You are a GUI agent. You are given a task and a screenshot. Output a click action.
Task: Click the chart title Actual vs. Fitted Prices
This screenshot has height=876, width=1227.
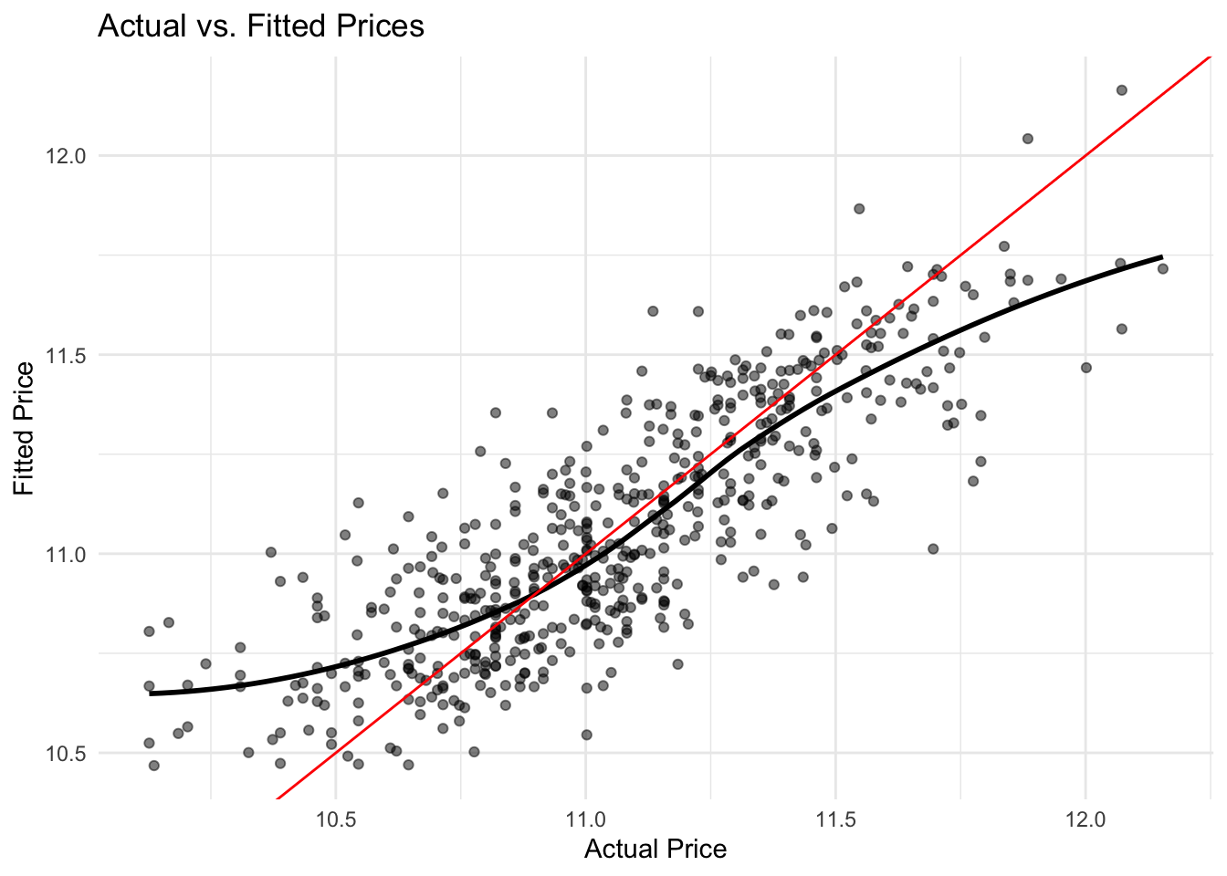pyautogui.click(x=260, y=26)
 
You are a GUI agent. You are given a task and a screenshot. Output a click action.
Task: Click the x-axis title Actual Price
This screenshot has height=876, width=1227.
pyautogui.click(x=655, y=850)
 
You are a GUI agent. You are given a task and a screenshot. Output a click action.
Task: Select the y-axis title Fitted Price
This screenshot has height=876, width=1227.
pyautogui.click(x=25, y=429)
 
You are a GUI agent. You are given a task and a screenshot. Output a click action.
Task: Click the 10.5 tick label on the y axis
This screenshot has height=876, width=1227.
pyautogui.click(x=66, y=754)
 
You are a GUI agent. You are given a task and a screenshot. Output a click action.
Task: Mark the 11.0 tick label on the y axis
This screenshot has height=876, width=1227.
pyautogui.click(x=66, y=554)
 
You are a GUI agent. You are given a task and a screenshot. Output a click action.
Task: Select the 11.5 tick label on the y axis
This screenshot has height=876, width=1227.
pyautogui.click(x=66, y=355)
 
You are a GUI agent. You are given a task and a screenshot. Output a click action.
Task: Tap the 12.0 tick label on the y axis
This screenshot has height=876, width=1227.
pyautogui.click(x=66, y=156)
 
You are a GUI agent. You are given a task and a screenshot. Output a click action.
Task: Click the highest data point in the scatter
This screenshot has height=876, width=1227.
pyautogui.click(x=1121, y=89)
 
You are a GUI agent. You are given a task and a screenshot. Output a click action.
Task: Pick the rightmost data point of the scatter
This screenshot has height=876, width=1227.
pyautogui.click(x=1162, y=268)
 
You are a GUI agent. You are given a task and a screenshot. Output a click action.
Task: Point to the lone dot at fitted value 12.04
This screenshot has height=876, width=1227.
pyautogui.click(x=1027, y=139)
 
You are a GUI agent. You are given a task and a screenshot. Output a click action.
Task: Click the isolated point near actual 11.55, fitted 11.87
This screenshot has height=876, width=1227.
pyautogui.click(x=859, y=208)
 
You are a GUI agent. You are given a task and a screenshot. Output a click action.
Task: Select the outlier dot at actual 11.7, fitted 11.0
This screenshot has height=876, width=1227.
pyautogui.click(x=933, y=548)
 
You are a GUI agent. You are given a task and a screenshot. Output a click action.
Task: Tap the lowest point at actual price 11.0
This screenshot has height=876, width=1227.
pyautogui.click(x=586, y=735)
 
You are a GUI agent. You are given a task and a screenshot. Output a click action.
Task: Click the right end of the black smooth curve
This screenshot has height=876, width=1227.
pyautogui.click(x=1161, y=257)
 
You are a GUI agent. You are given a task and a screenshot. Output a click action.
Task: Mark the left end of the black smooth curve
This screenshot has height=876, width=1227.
pyautogui.click(x=151, y=693)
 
